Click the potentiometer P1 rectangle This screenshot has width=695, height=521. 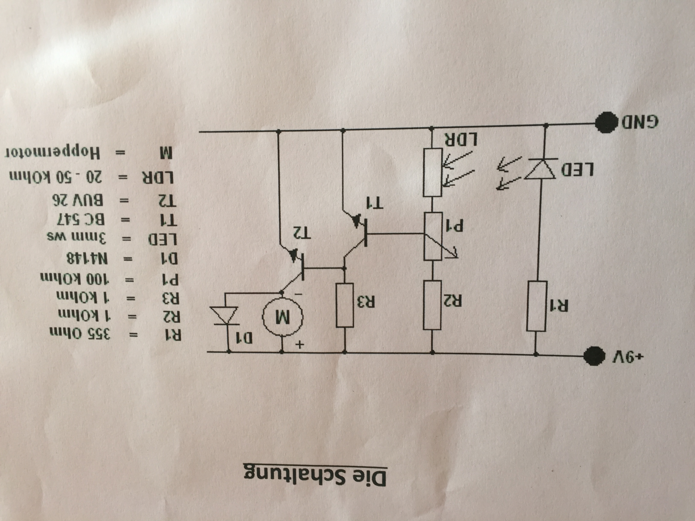point(433,236)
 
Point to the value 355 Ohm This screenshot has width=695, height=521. point(80,334)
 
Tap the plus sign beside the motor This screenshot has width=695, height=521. point(299,345)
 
